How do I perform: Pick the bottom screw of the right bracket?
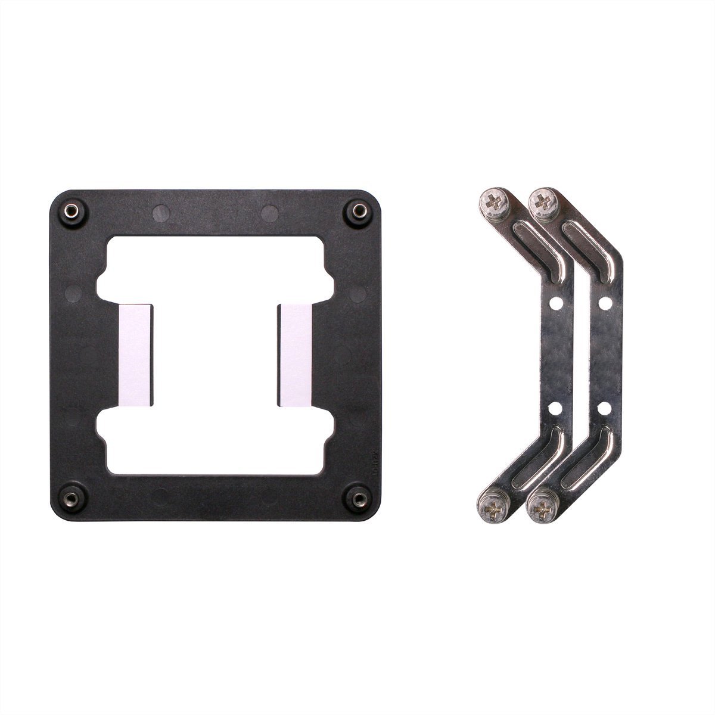tap(542, 508)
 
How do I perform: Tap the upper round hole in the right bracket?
tap(605, 303)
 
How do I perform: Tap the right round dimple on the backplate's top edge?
tap(269, 212)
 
